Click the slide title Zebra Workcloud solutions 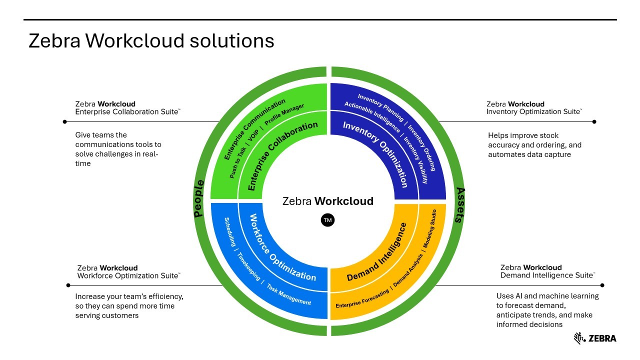pos(151,40)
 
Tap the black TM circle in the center pos(327,220)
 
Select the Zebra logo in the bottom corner pos(595,338)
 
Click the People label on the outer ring pos(199,198)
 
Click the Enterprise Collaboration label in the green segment pos(282,155)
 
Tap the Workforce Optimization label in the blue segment pos(282,247)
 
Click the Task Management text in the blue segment pos(289,295)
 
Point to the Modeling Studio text pos(429,229)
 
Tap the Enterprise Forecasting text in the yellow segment pos(362,298)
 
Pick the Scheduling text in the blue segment pos(230,232)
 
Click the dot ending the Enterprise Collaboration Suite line pos(65,121)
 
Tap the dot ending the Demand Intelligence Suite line pos(602,285)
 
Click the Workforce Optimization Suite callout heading pos(128,271)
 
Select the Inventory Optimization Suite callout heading pos(533,108)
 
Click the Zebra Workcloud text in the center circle pos(327,201)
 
